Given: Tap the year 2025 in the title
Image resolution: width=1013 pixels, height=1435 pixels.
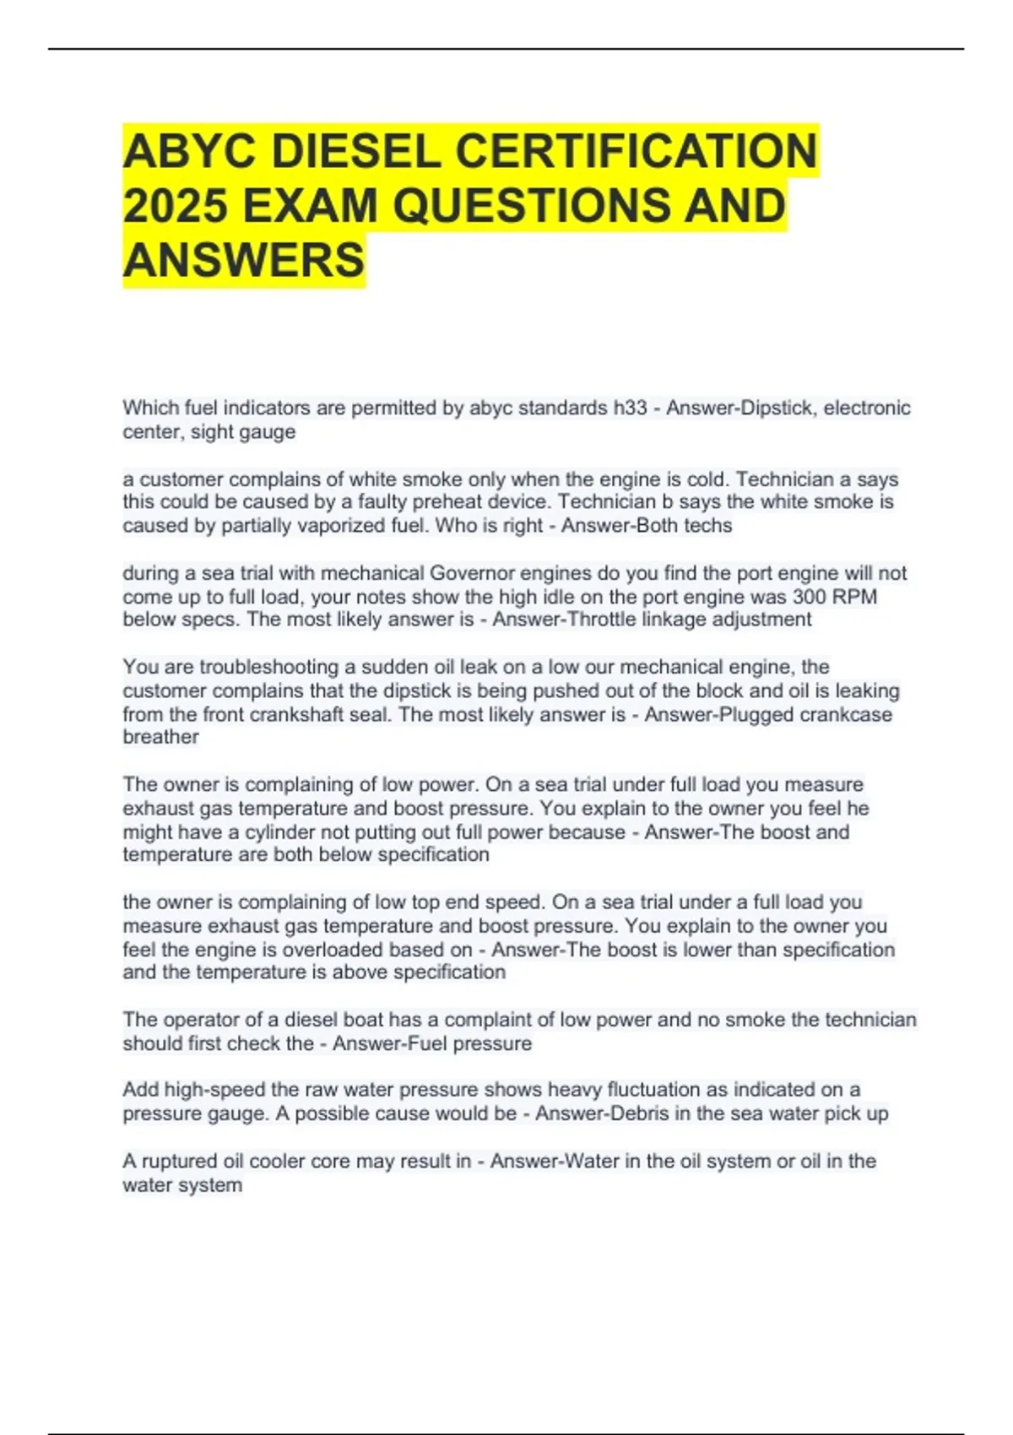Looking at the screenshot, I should [x=176, y=206].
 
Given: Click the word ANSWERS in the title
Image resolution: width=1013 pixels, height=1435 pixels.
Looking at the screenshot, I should [x=244, y=259].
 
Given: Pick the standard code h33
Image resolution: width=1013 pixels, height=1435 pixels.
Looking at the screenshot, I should [x=630, y=409].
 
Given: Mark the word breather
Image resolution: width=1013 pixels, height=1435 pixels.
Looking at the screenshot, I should [x=160, y=737].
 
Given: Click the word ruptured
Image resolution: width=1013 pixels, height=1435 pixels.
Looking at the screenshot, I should [x=181, y=1162].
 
